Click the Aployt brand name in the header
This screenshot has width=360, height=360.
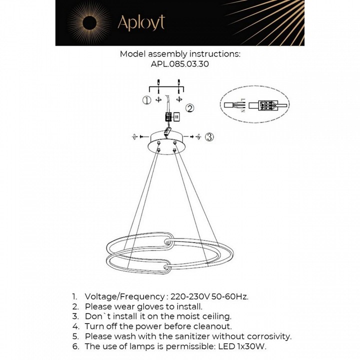(140, 22)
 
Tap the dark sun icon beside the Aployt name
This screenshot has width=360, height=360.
(90, 22)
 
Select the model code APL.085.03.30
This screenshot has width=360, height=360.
(180, 64)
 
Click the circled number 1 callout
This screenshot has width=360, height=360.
(146, 100)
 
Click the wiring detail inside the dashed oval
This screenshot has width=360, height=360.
(255, 106)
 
